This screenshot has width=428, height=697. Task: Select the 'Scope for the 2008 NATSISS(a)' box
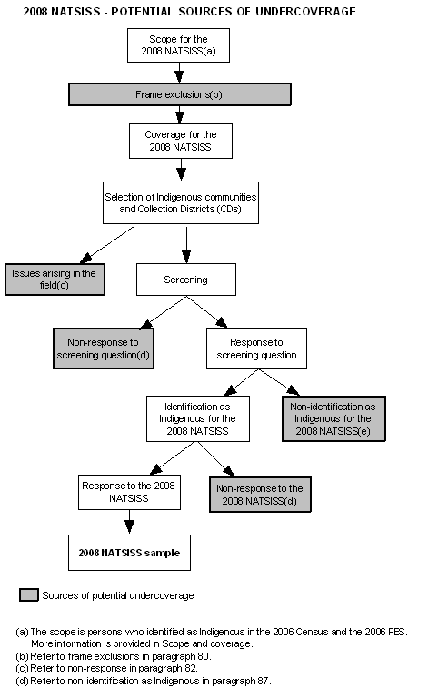pyautogui.click(x=179, y=45)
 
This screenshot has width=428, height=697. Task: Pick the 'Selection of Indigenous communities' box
pyautogui.click(x=180, y=202)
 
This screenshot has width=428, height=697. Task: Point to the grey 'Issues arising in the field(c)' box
pyautogui.click(x=55, y=279)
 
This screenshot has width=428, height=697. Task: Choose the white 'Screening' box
pyautogui.click(x=185, y=280)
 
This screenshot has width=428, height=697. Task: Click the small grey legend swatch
pyautogui.click(x=29, y=595)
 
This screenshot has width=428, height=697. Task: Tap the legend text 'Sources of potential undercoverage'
pyautogui.click(x=117, y=595)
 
